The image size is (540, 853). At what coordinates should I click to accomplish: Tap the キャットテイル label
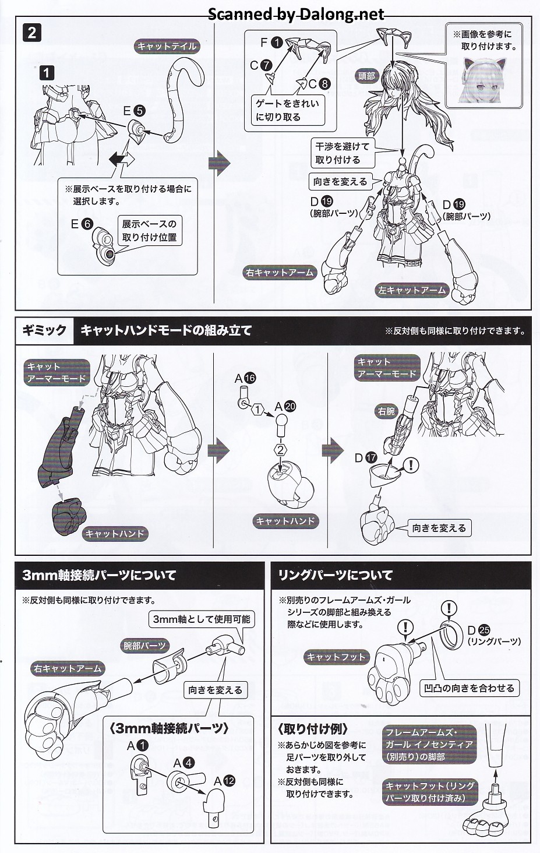pos(167,47)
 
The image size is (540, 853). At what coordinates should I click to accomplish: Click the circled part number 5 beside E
pos(139,111)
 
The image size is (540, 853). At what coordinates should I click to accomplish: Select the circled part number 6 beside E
pos(87,224)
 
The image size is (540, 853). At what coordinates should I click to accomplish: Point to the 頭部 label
pos(367,76)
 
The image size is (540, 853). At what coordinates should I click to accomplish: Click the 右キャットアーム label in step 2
pos(280,273)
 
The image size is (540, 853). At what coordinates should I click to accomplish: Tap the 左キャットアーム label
pos(412,290)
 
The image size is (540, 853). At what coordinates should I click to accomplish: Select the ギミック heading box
pos(44,330)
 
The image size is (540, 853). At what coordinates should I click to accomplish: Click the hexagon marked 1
pos(258,410)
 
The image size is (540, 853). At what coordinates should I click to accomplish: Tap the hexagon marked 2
pos(280,450)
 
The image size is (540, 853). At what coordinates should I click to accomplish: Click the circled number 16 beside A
pos(250,378)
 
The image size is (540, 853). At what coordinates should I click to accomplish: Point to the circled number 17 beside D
pos(371,457)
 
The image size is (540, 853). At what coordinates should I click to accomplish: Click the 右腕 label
pos(387,411)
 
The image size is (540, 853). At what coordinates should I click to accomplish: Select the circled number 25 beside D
pos(485,630)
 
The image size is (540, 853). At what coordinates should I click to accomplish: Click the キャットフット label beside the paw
pos(336,657)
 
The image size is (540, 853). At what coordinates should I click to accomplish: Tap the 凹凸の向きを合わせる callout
pos(469,688)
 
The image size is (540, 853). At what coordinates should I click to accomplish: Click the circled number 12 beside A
pos(229,781)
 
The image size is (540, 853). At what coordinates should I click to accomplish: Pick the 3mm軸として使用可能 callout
pos(202,619)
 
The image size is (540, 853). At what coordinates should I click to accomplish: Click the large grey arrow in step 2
pos(220,163)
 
